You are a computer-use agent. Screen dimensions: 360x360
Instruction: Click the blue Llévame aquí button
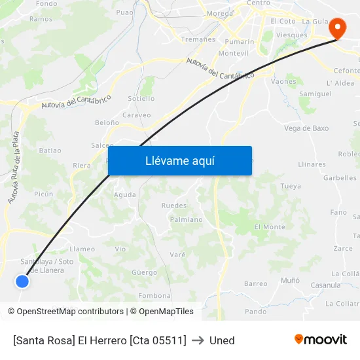pyautogui.click(x=179, y=160)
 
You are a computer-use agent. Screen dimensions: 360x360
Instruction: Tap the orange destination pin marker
pyautogui.click(x=338, y=28)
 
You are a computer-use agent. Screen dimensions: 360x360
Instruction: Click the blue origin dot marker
pyautogui.click(x=22, y=281)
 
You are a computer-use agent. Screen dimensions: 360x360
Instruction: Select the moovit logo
pyautogui.click(x=320, y=339)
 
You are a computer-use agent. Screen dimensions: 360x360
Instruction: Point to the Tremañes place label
pyautogui.click(x=198, y=39)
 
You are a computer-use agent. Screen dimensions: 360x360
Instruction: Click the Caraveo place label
pyautogui.click(x=137, y=115)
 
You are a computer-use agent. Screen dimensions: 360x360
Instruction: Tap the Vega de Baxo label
pyautogui.click(x=306, y=128)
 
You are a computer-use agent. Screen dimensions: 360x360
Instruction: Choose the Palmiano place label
pyautogui.click(x=186, y=220)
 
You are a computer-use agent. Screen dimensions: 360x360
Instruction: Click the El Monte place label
pyautogui.click(x=270, y=226)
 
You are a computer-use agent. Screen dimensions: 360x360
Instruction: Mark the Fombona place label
pyautogui.click(x=154, y=295)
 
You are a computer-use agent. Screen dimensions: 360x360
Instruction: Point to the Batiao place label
pyautogui.click(x=50, y=151)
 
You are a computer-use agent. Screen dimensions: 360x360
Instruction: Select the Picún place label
pyautogui.click(x=43, y=194)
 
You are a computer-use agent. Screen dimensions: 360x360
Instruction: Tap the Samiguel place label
pyautogui.click(x=315, y=94)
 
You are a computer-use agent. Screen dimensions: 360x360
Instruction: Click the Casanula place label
pyautogui.click(x=325, y=285)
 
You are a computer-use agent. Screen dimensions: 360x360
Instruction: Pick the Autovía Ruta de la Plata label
pyautogui.click(x=14, y=166)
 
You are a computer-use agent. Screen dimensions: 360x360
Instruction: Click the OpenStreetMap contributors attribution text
pyautogui.click(x=70, y=312)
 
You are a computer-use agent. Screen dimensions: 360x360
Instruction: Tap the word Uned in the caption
pyautogui.click(x=222, y=340)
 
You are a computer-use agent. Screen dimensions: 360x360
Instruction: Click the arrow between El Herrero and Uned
pyautogui.click(x=198, y=340)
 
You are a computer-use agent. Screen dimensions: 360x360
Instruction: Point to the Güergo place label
pyautogui.click(x=144, y=272)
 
